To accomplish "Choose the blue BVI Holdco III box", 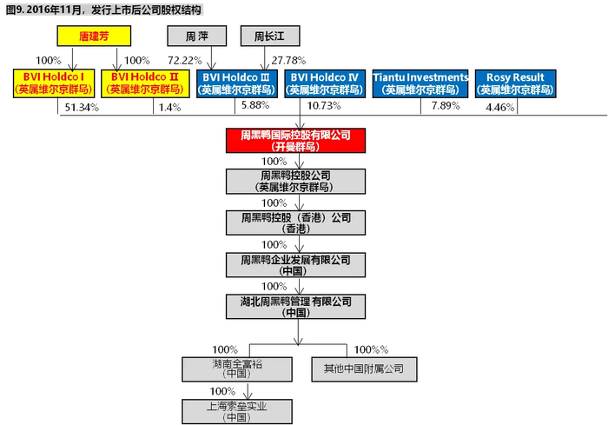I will point(236,83).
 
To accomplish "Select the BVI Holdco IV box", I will point(324,83).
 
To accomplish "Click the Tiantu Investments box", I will point(420,83).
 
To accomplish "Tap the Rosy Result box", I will point(511,83).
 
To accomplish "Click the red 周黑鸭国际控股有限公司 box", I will point(297,140).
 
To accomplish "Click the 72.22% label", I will point(185,61).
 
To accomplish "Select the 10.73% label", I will point(325,106).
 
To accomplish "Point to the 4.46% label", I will point(500,108).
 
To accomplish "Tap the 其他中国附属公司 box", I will point(364,369).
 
